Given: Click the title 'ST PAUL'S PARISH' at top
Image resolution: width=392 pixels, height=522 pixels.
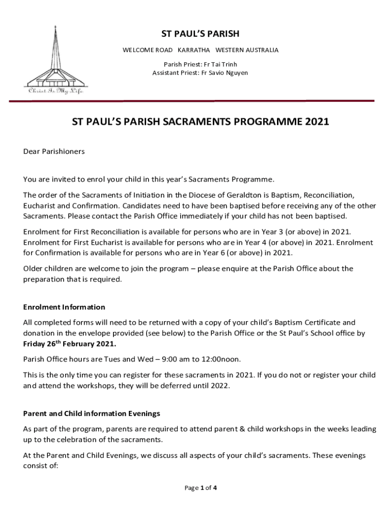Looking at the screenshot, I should [200, 34].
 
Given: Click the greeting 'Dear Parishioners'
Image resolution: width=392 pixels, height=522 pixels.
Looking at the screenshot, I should [54, 151].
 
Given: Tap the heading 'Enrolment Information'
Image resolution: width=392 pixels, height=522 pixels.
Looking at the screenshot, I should [64, 307].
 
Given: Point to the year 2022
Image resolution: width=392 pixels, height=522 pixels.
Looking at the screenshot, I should [220, 385].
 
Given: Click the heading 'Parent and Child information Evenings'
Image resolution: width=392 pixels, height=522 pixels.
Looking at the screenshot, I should [92, 413].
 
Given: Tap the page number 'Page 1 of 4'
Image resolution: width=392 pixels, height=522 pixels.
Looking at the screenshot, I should [201, 488].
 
